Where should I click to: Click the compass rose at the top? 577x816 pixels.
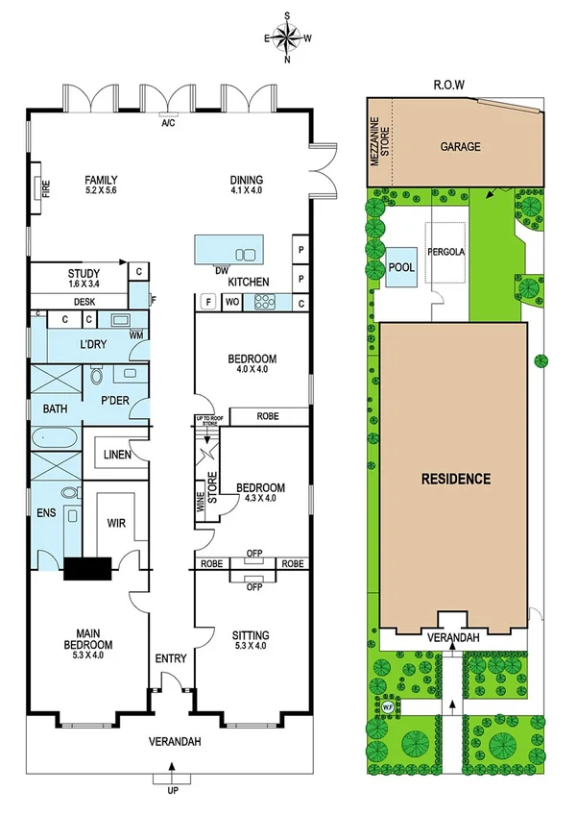coord(287,37)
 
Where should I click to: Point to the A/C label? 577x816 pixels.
coord(169,124)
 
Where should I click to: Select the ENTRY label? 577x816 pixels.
coord(170,659)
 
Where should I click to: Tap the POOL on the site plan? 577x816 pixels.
coord(402,267)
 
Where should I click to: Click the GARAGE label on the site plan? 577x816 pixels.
coord(460,147)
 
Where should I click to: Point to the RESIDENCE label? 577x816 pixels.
coord(454,478)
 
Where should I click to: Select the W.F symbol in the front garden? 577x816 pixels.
coord(388,708)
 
